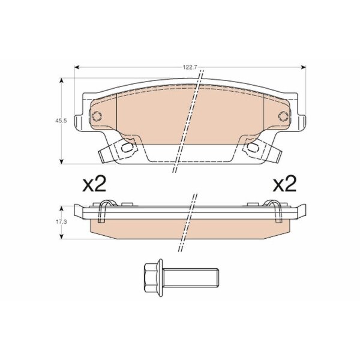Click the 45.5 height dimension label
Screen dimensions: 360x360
[61, 121]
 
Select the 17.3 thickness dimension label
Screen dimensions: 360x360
[61, 222]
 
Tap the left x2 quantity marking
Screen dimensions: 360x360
[94, 184]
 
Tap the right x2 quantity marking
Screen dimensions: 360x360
[284, 184]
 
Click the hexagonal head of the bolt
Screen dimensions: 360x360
[152, 278]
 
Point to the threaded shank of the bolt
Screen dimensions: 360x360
[191, 278]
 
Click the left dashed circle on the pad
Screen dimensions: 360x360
[97, 116]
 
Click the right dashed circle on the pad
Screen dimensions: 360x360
[283, 116]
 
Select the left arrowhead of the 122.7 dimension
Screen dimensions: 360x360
[77, 67]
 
